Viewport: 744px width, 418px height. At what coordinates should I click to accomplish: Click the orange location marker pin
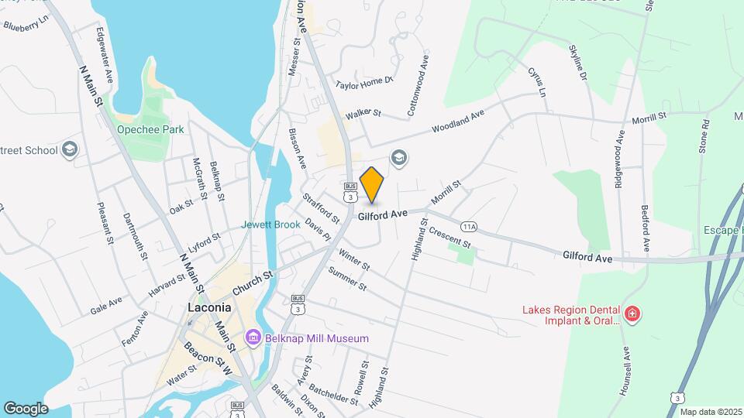(x=372, y=184)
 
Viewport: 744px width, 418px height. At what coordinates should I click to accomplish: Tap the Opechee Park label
(x=150, y=129)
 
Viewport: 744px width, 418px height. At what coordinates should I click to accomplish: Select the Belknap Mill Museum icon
(x=253, y=337)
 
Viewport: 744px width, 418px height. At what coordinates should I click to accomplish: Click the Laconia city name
(x=210, y=307)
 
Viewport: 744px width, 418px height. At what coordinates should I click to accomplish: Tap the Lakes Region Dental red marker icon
(x=632, y=313)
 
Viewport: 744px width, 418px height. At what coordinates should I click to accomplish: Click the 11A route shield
(x=468, y=227)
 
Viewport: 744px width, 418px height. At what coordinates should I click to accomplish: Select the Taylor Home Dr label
(x=365, y=81)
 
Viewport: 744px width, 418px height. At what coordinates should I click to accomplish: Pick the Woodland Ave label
(x=458, y=119)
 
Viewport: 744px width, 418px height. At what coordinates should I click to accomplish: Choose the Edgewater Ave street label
(x=103, y=48)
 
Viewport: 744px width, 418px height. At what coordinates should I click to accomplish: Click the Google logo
(x=26, y=408)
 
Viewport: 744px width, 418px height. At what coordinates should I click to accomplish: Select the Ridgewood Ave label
(x=620, y=148)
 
